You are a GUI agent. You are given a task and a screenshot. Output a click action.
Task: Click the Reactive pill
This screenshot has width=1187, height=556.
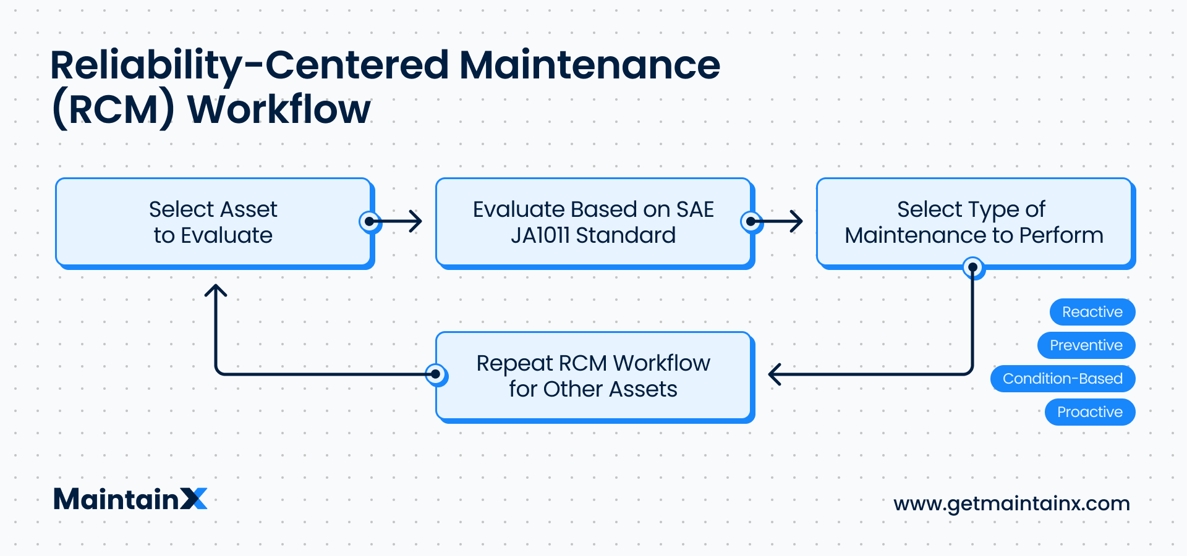pos(1092,312)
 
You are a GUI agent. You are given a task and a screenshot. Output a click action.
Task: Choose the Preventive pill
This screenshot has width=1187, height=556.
pos(1086,345)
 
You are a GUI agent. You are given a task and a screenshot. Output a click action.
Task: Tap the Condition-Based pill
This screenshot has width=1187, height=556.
pos(1063,379)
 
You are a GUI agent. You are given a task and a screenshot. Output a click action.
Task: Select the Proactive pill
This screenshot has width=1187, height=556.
pos(1090,412)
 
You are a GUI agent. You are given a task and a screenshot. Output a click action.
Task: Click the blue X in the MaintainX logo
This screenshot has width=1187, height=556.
pos(194,499)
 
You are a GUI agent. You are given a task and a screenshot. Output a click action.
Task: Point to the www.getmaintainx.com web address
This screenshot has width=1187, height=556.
pos(1011,503)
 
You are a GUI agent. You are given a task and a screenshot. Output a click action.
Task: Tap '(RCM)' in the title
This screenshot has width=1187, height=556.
pos(113,110)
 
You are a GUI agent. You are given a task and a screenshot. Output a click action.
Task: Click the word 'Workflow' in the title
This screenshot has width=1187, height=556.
pos(279,109)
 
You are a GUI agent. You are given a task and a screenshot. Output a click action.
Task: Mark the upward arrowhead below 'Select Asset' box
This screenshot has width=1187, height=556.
pos(216,290)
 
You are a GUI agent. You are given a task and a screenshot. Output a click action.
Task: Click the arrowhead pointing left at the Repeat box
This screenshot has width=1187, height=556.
pos(775,374)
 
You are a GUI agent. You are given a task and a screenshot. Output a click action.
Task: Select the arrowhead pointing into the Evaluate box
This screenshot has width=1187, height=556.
pos(416,221)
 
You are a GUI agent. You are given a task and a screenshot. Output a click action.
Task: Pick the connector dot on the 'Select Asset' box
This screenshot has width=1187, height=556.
pos(370,221)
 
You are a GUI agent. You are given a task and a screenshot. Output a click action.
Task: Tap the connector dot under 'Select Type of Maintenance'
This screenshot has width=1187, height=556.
pos(973,267)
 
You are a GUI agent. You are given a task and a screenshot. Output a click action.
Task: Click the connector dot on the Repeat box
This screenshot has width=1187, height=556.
pos(436,374)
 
